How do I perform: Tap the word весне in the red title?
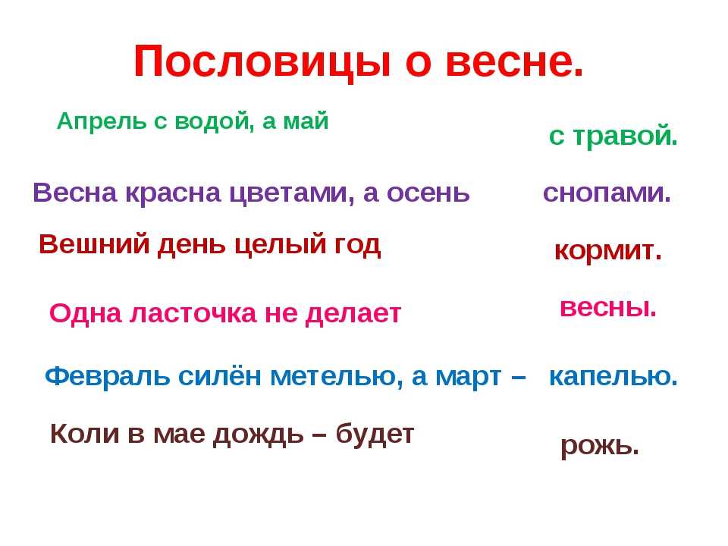pyautogui.click(x=514, y=62)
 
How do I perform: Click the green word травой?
pyautogui.click(x=626, y=136)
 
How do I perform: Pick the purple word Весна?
pyautogui.click(x=75, y=192)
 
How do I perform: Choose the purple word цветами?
pyautogui.click(x=291, y=193)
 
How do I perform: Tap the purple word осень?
pyautogui.click(x=428, y=193)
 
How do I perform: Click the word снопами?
pyautogui.click(x=607, y=193)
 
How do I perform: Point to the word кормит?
pyautogui.click(x=607, y=251)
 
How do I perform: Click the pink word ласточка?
pyautogui.click(x=193, y=313)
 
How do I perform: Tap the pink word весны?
pyautogui.click(x=608, y=307)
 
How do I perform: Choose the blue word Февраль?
pyautogui.click(x=107, y=376)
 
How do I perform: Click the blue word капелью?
pyautogui.click(x=613, y=377)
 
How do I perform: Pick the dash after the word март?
pyautogui.click(x=518, y=378)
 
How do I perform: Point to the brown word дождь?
pyautogui.click(x=258, y=435)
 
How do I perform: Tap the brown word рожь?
pyautogui.click(x=600, y=446)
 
